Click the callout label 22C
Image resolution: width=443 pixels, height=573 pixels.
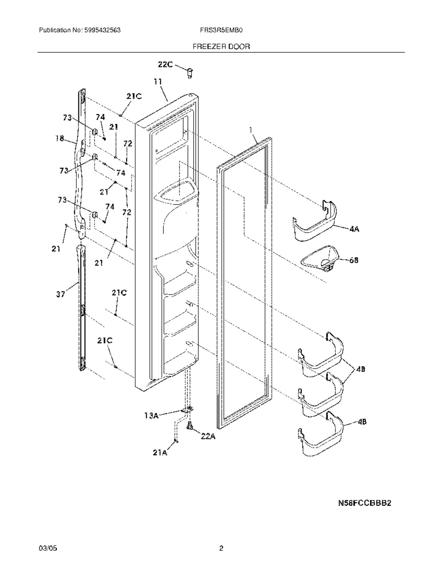[x=165, y=64]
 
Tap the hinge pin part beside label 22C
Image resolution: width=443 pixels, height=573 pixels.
[x=190, y=73]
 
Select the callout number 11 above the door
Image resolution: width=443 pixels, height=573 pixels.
[x=159, y=82]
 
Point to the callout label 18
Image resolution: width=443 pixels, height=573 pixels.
[x=60, y=138]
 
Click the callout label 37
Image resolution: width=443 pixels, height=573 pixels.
[x=61, y=294]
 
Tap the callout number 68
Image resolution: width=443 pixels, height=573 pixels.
[x=354, y=260]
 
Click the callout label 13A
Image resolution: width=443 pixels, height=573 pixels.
[x=152, y=416]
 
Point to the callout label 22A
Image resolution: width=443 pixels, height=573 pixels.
[x=208, y=437]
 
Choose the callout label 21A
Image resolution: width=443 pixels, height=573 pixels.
[x=160, y=453]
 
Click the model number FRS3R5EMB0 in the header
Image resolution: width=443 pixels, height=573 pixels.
[x=221, y=30]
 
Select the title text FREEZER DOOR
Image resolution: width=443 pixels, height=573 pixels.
[x=221, y=46]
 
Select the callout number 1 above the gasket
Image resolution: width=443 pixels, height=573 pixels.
[x=251, y=130]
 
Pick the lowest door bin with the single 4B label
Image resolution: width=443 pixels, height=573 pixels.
[x=321, y=435]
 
